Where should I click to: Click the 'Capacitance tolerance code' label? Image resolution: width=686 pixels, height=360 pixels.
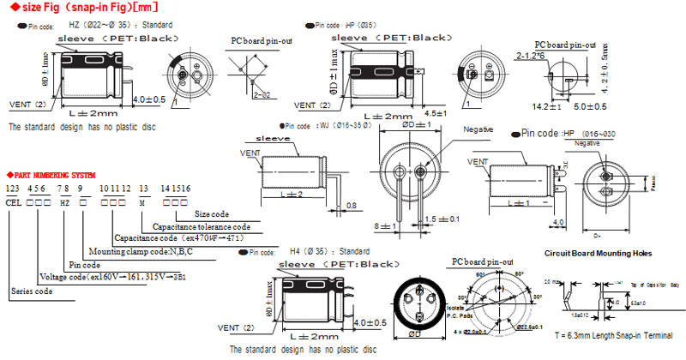[202, 226]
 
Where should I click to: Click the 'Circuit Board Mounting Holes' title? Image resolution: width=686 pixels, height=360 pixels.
[597, 254]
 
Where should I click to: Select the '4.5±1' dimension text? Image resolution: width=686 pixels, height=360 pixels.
[435, 113]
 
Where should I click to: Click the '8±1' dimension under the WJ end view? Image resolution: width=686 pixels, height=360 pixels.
[383, 225]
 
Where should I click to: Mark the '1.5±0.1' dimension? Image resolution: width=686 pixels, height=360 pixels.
[441, 220]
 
